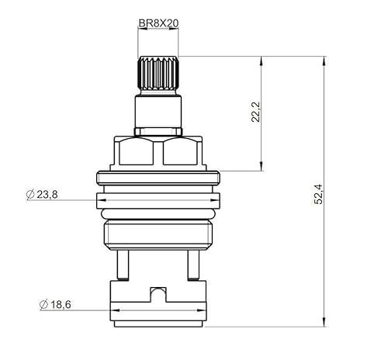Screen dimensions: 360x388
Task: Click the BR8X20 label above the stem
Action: (x=158, y=25)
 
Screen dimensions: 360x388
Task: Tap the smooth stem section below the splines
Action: (x=158, y=111)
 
